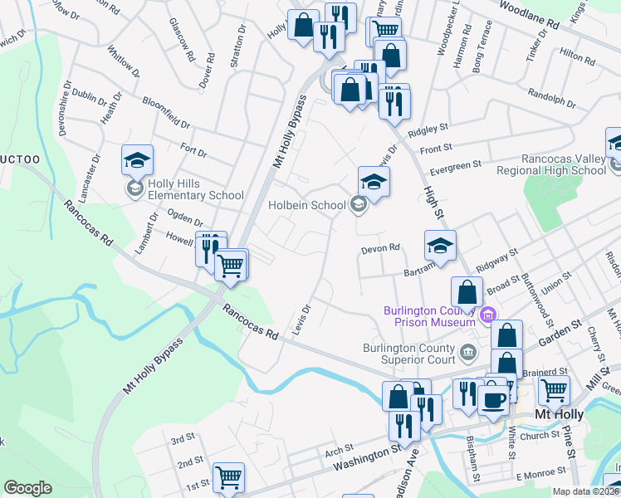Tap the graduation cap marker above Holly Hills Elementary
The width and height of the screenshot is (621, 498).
[138, 159]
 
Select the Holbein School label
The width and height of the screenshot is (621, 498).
[306, 205]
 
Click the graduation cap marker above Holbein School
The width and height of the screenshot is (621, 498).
[374, 181]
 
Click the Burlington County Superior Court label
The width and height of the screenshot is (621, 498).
[409, 354]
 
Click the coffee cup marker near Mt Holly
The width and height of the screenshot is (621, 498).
[496, 398]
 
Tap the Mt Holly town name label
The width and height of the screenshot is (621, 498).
[558, 415]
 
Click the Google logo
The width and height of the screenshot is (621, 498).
[27, 488]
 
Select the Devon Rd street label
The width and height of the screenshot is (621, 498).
[380, 248]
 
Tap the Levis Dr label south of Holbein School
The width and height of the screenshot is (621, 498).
[301, 320]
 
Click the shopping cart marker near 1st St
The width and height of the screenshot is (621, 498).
[228, 476]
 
